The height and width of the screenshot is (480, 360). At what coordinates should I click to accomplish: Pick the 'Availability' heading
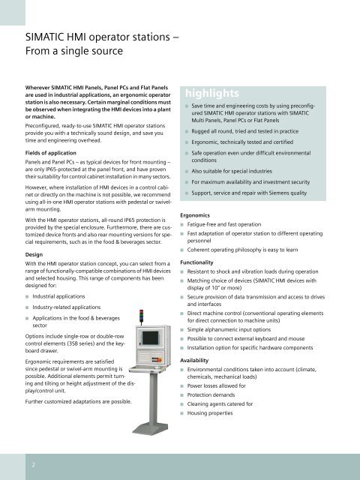pos(201,360)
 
